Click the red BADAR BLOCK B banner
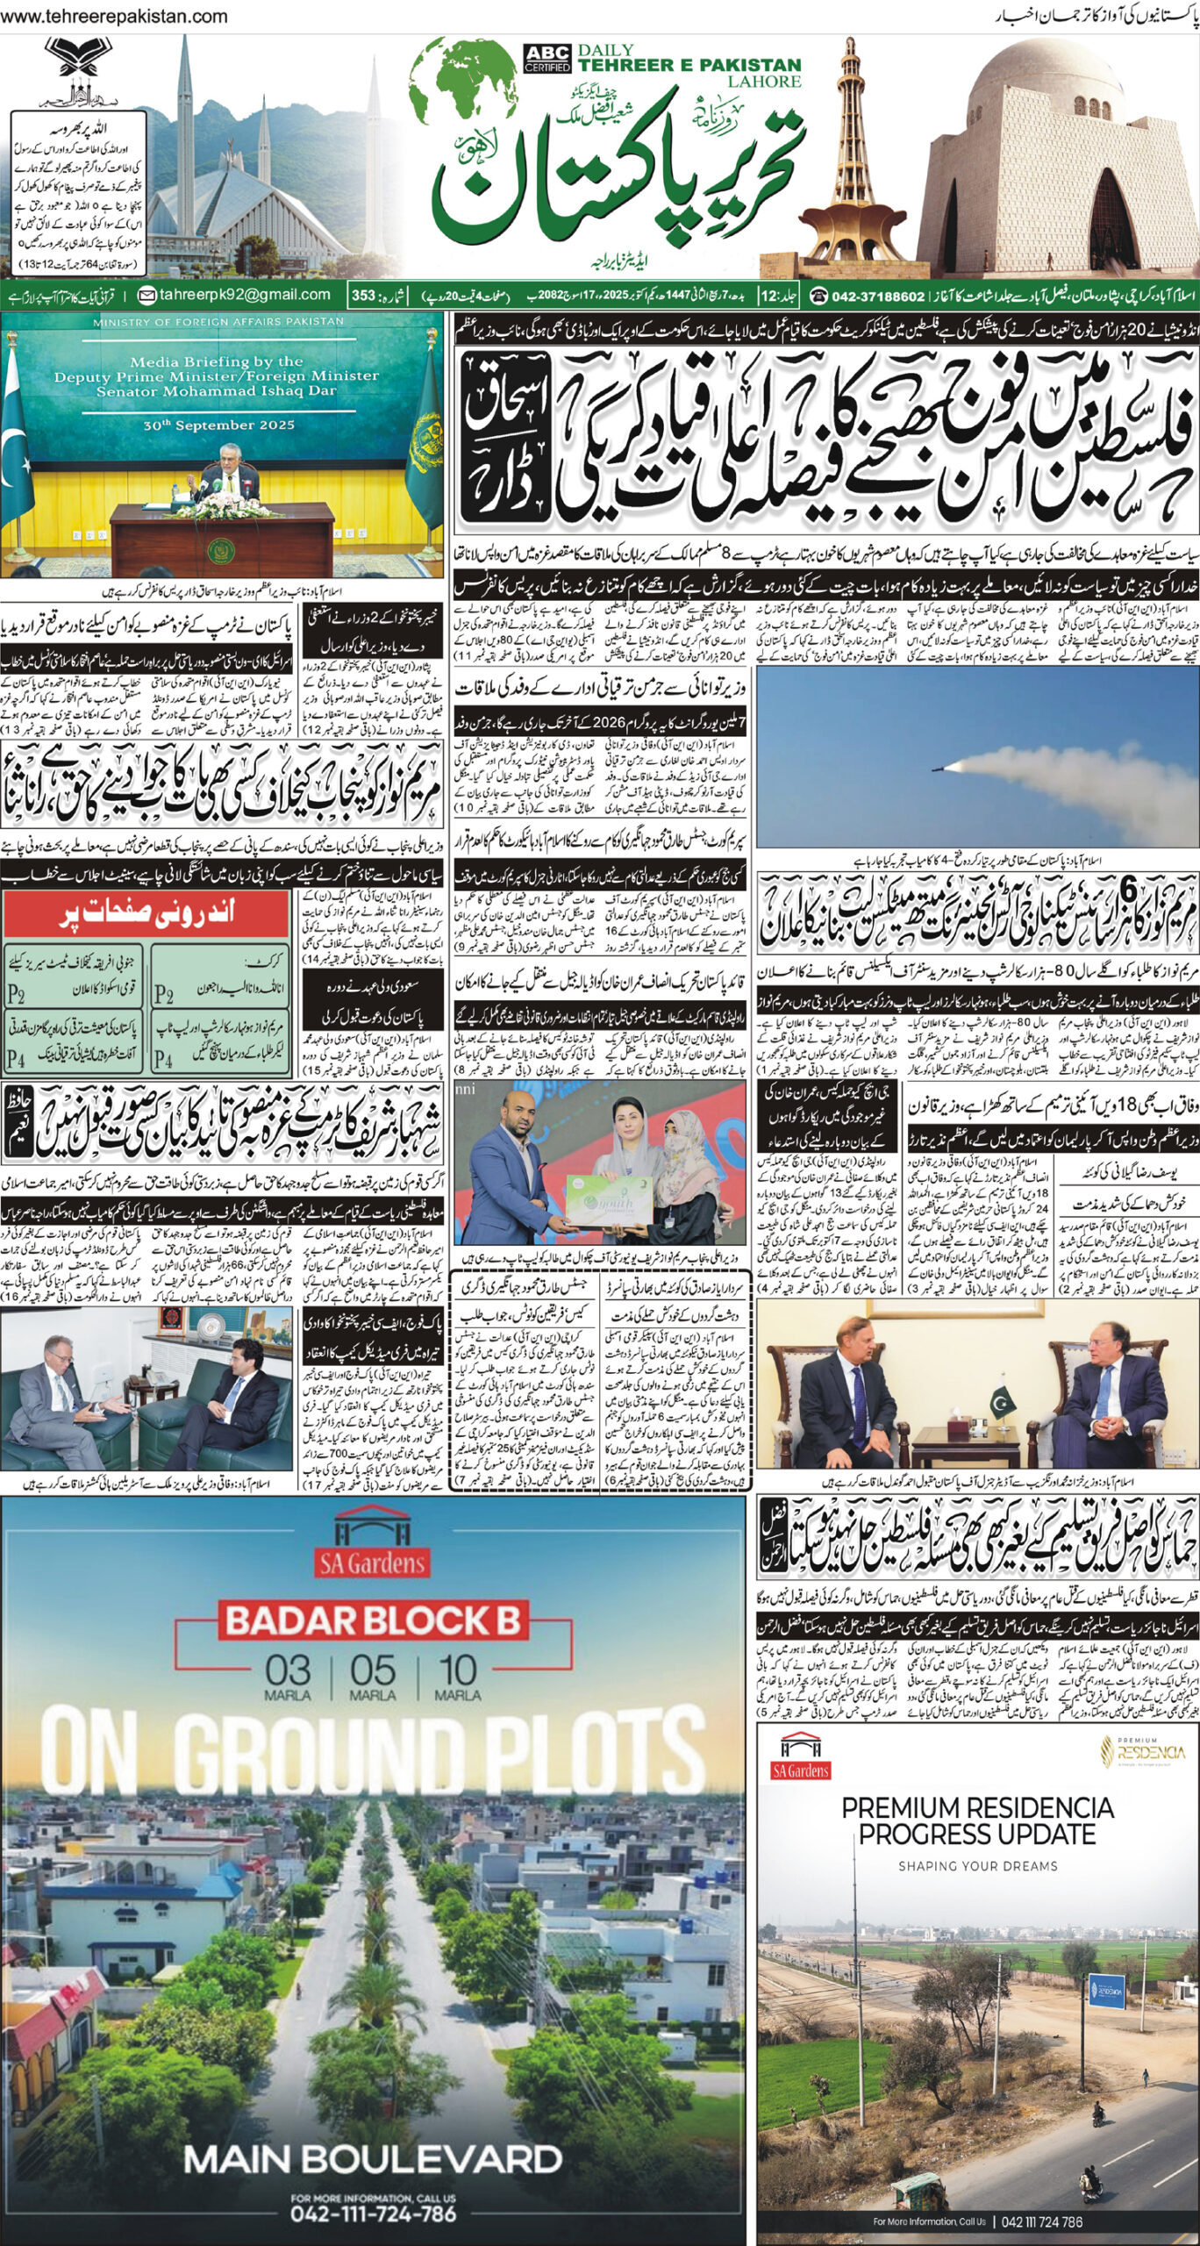(373, 1620)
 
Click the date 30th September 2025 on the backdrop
(217, 425)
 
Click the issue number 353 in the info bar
(363, 296)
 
